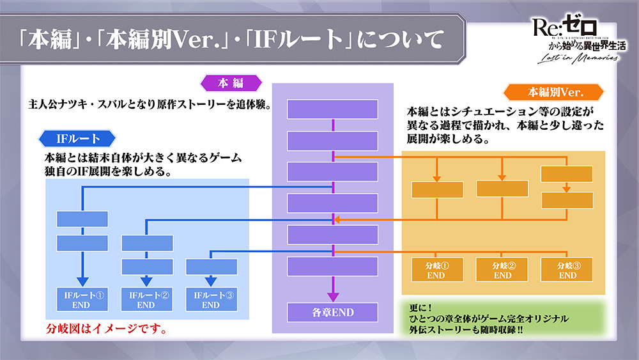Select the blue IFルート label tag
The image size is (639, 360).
[x=76, y=137]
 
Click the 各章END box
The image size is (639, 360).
[x=332, y=313]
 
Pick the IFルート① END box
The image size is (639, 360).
[x=82, y=300]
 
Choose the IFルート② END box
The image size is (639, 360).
[x=147, y=300]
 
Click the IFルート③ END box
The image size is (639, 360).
[x=210, y=300]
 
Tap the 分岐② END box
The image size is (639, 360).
[x=502, y=270]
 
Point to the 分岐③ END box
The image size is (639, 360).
[x=567, y=270]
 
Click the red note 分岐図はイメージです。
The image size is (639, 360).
[x=106, y=330]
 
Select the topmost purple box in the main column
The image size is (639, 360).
[x=332, y=109]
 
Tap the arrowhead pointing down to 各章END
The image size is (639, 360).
[x=332, y=296]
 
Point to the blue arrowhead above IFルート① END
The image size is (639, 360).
[x=82, y=281]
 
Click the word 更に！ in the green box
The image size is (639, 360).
[x=418, y=306]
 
